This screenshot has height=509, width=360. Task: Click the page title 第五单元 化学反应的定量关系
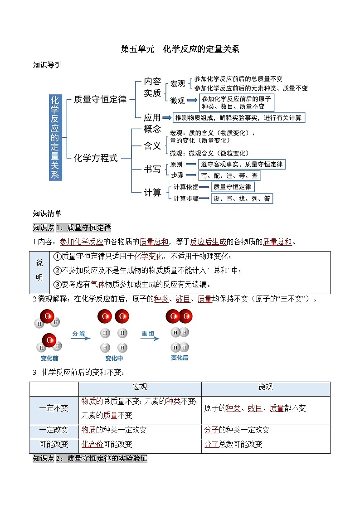pyautogui.click(x=180, y=49)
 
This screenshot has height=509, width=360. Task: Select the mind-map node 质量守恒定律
pyautogui.click(x=100, y=99)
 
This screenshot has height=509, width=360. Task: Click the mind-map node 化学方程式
pyautogui.click(x=96, y=158)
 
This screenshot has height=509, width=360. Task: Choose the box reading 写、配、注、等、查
pyautogui.click(x=229, y=175)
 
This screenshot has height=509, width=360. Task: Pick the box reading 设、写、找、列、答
pyautogui.click(x=242, y=199)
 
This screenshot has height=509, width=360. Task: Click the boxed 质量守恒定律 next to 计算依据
pyautogui.click(x=233, y=187)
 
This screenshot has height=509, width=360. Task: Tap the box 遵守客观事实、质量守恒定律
pyautogui.click(x=242, y=164)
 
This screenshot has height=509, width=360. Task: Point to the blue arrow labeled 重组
pyautogui.click(x=148, y=337)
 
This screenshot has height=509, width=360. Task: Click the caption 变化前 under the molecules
pyautogui.click(x=49, y=358)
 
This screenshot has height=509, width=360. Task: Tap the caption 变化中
pyautogui.click(x=114, y=358)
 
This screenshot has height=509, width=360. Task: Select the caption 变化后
pyautogui.click(x=180, y=358)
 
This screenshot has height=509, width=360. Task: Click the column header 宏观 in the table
pyautogui.click(x=140, y=388)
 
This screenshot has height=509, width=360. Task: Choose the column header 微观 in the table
pyautogui.click(x=265, y=388)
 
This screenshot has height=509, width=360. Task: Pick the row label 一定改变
pyautogui.click(x=54, y=430)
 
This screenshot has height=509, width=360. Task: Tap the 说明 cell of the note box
pyautogui.click(x=39, y=270)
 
